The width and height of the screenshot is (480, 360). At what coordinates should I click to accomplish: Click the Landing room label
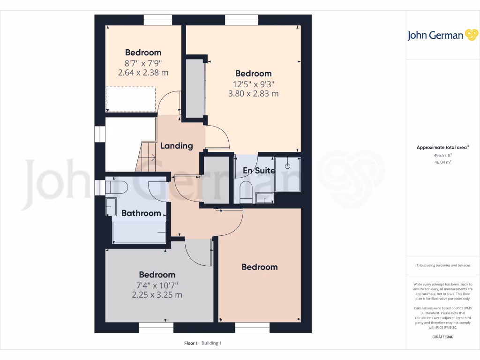tap(177, 146)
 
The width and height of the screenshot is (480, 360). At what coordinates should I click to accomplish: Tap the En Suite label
tap(259, 171)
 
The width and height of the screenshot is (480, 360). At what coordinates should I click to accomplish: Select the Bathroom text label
tap(141, 213)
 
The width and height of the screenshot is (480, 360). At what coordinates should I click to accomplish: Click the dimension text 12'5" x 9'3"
tap(254, 84)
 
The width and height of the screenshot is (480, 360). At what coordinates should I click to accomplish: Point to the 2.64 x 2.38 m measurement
tap(143, 73)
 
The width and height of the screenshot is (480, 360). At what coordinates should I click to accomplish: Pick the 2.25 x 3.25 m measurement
tap(157, 295)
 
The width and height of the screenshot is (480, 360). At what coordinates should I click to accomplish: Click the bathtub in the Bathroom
tap(139, 232)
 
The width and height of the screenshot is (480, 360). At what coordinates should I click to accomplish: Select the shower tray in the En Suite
tap(287, 174)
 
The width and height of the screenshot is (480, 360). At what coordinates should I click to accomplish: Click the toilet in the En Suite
tap(246, 193)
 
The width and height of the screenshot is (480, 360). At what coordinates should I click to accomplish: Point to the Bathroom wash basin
tap(111, 206)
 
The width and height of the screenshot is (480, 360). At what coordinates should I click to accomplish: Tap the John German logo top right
tap(442, 36)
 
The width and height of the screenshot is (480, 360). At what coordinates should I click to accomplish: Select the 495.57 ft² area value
tap(442, 155)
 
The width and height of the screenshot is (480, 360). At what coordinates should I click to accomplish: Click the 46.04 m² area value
tap(442, 162)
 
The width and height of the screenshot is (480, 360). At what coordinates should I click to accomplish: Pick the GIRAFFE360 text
tap(443, 337)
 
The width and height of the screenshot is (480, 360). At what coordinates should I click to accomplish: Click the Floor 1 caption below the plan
tap(191, 343)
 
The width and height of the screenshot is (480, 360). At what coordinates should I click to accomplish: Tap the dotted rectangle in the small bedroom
tap(130, 99)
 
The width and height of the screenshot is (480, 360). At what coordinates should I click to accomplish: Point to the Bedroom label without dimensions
tap(259, 267)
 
